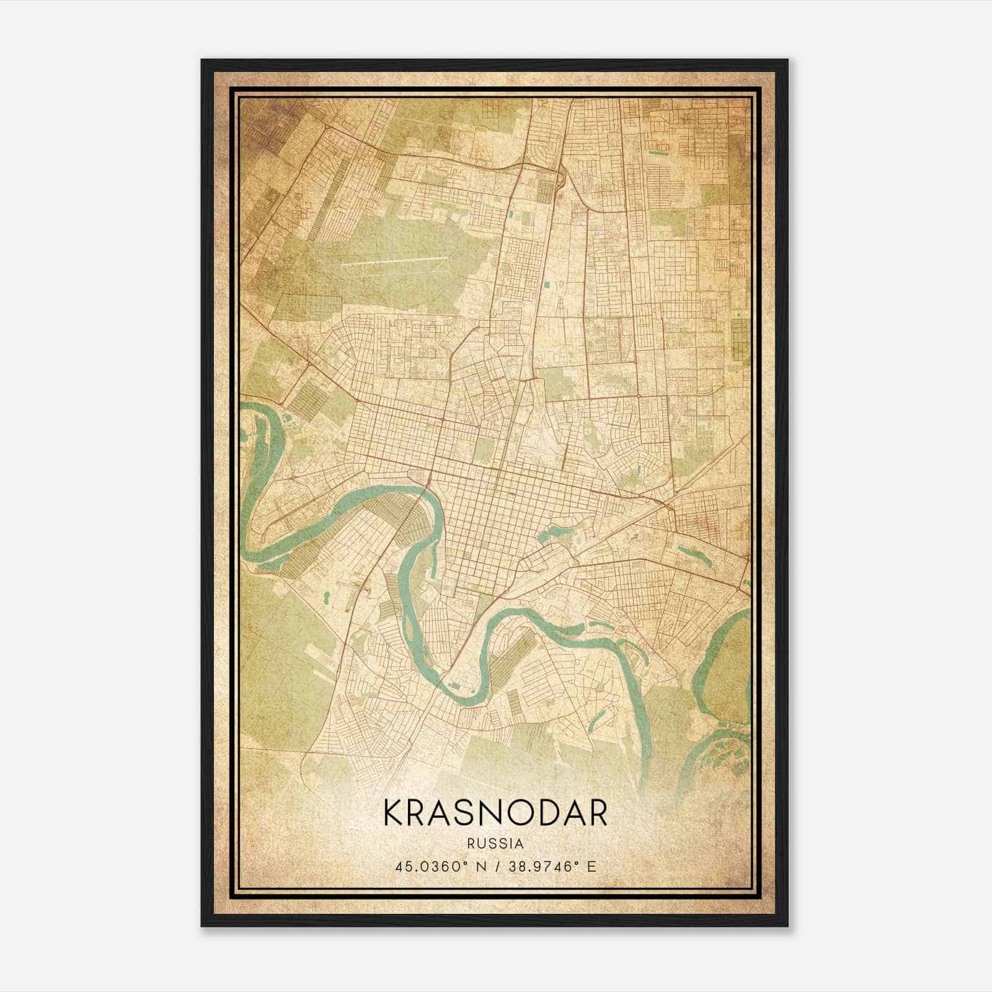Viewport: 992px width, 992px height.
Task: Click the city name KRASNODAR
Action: point(495,813)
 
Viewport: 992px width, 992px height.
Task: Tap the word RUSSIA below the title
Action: point(495,844)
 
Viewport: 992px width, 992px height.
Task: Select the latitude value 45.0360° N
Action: point(439,866)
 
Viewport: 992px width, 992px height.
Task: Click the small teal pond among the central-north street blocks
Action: point(546,285)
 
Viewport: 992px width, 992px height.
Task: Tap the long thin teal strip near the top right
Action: point(658,151)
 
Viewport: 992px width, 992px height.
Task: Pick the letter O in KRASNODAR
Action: point(518,813)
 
